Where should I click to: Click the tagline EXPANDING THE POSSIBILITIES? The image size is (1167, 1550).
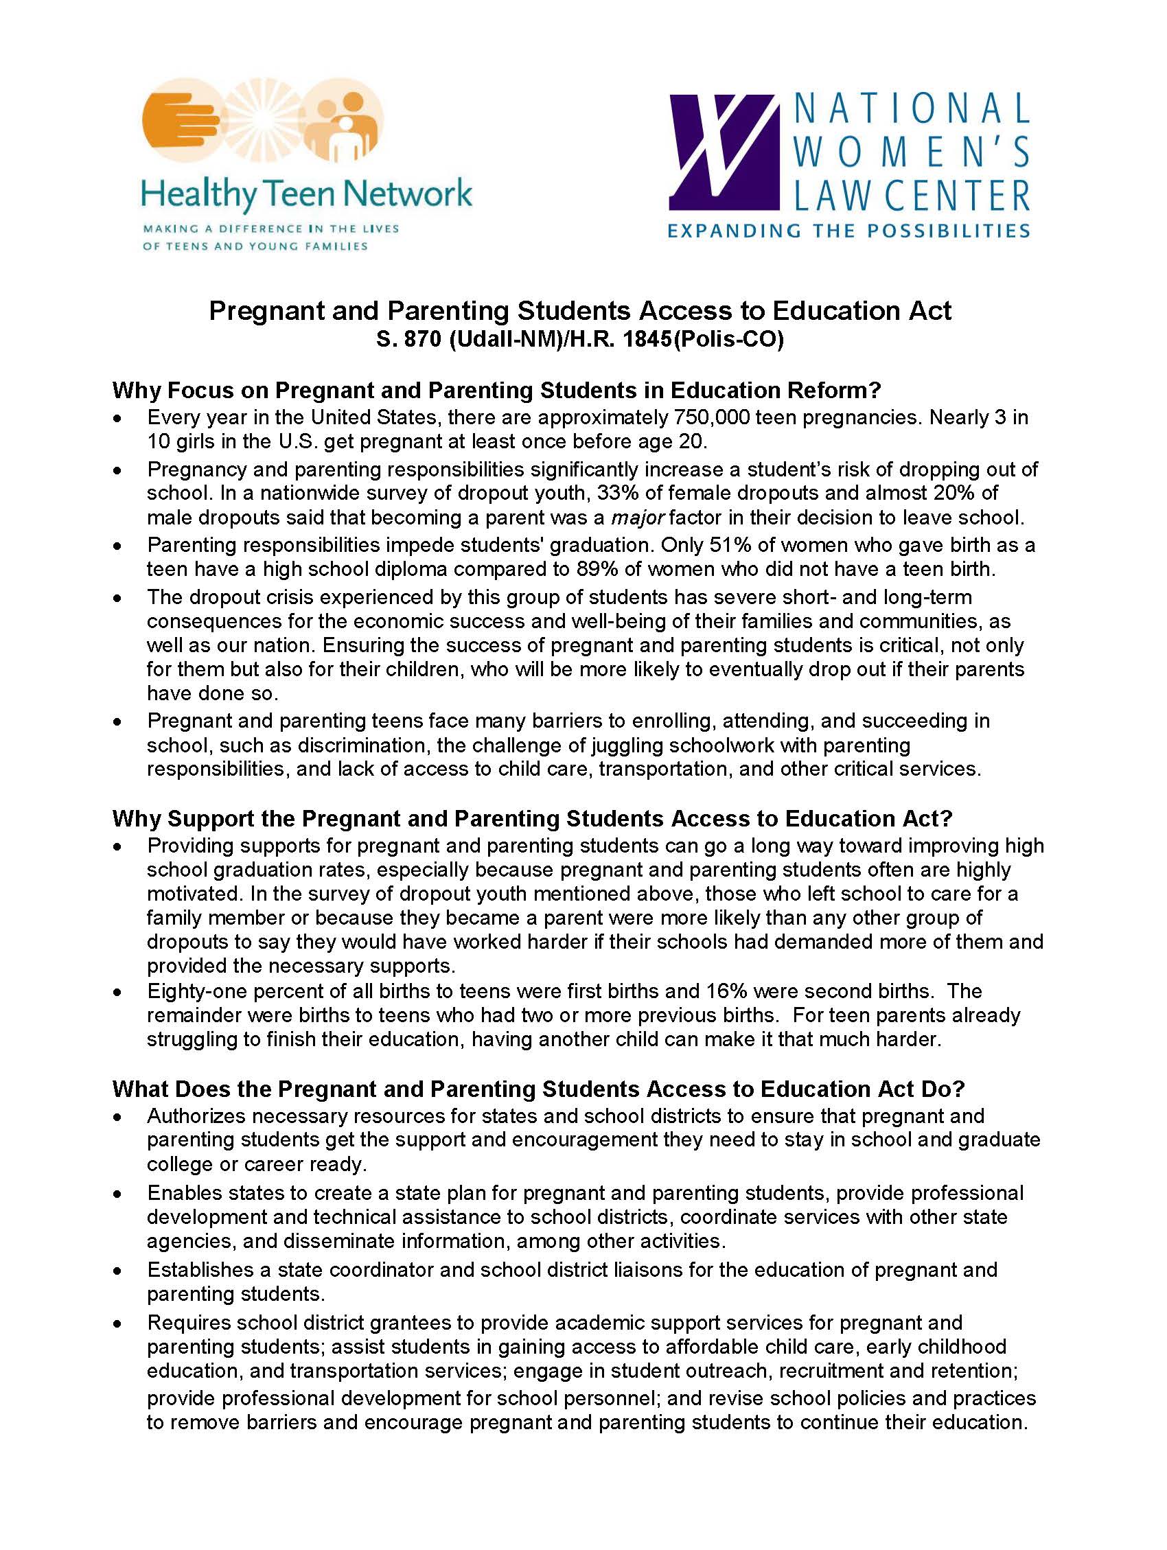pos(848,231)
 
